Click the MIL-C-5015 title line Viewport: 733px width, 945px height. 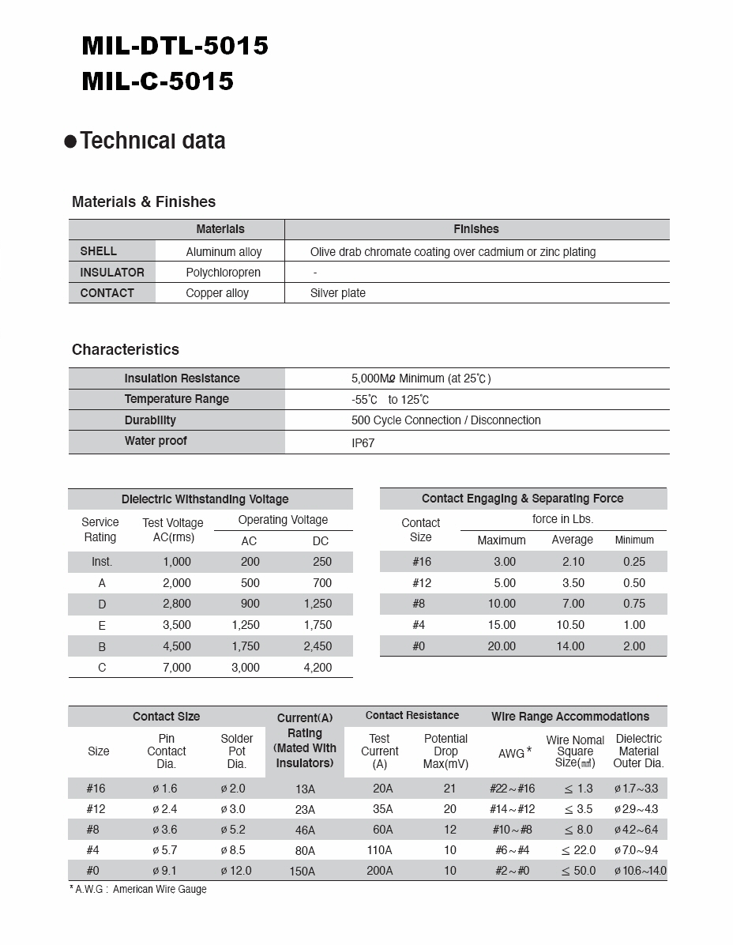tap(157, 81)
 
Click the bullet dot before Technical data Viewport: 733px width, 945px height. tap(70, 142)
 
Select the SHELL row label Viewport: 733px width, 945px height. tap(98, 251)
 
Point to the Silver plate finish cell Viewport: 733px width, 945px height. tap(337, 293)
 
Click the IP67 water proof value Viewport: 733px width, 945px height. tap(363, 443)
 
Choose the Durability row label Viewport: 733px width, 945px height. tap(150, 420)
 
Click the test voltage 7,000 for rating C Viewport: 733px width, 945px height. tap(176, 668)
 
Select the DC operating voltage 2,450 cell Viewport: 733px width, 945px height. tap(318, 646)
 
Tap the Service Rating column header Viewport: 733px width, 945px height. tap(100, 530)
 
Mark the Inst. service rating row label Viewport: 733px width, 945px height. tap(102, 562)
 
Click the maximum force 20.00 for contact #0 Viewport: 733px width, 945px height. tap(502, 646)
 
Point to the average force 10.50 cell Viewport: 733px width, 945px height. tap(570, 625)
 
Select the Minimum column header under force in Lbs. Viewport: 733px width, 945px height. tap(634, 540)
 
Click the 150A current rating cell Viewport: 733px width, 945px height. tap(304, 872)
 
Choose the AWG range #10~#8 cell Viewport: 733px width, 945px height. tap(512, 830)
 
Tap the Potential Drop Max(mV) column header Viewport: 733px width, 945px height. tap(445, 751)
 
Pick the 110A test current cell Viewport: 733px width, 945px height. tap(379, 850)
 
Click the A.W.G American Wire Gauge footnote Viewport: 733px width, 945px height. tap(138, 890)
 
